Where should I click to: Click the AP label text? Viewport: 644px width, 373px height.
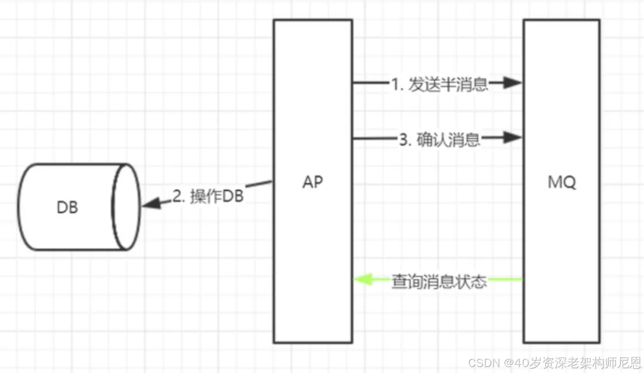tap(312, 183)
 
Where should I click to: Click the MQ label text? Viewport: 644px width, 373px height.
tap(562, 183)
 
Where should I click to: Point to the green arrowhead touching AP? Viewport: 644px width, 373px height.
tap(363, 279)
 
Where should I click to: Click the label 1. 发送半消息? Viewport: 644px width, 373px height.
tap(439, 84)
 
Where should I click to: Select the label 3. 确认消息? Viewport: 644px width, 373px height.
tap(439, 139)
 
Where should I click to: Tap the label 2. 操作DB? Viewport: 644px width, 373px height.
tap(208, 196)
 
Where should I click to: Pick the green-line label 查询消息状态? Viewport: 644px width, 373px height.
tap(439, 280)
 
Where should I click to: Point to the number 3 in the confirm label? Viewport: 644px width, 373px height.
tap(402, 140)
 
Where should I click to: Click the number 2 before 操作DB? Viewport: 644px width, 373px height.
tap(177, 197)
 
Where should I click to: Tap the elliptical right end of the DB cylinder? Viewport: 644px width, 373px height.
tap(126, 206)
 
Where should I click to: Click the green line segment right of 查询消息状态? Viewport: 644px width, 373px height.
tap(506, 279)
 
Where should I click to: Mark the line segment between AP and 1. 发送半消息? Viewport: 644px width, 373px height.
tap(370, 83)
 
